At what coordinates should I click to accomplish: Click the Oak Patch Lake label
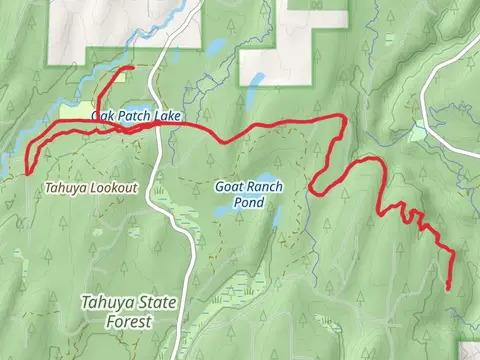tap(136, 117)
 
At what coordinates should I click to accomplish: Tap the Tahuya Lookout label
tap(91, 187)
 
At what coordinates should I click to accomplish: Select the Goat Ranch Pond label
tap(249, 194)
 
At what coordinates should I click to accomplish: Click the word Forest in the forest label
tap(129, 322)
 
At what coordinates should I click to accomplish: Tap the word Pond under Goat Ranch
tap(249, 202)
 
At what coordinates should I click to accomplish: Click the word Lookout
tap(113, 187)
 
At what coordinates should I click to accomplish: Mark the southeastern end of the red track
tap(447, 288)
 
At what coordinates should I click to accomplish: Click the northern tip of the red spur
tap(132, 67)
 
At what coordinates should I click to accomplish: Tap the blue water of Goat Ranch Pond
tap(224, 211)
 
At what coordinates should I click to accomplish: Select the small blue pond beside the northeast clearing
tap(256, 79)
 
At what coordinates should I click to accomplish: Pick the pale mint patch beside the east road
tap(418, 131)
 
